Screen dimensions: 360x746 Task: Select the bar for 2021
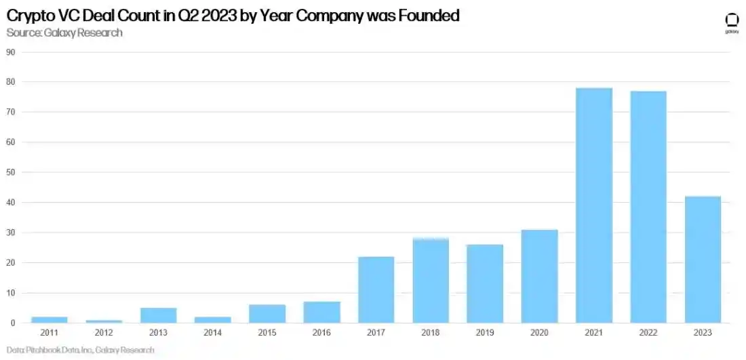click(593, 205)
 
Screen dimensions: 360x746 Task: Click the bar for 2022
click(648, 207)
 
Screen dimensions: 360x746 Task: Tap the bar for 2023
click(703, 260)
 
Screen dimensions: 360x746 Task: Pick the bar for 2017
click(376, 289)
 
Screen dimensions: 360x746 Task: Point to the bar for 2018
click(431, 281)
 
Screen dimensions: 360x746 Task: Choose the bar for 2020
click(539, 276)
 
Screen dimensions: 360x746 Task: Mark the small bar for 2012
click(104, 321)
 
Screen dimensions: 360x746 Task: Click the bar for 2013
click(158, 315)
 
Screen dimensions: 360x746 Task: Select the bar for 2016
click(321, 312)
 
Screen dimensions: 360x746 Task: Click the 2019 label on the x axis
click(485, 332)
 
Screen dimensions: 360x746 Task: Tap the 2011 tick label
click(50, 332)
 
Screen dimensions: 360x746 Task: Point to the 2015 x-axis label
click(267, 332)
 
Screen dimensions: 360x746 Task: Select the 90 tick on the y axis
click(11, 52)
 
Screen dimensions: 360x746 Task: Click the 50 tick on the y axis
click(11, 172)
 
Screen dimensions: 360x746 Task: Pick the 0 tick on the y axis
click(13, 323)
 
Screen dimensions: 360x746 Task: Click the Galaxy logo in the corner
click(732, 22)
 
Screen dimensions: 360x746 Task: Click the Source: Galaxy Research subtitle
click(64, 32)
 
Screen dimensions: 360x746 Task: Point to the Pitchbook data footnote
click(81, 350)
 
